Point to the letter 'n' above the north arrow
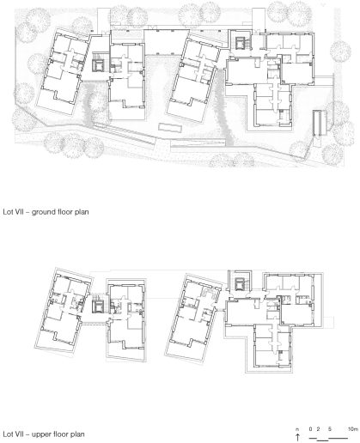coord(297,428)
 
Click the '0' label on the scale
coord(309,428)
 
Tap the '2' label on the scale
coord(315,428)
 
